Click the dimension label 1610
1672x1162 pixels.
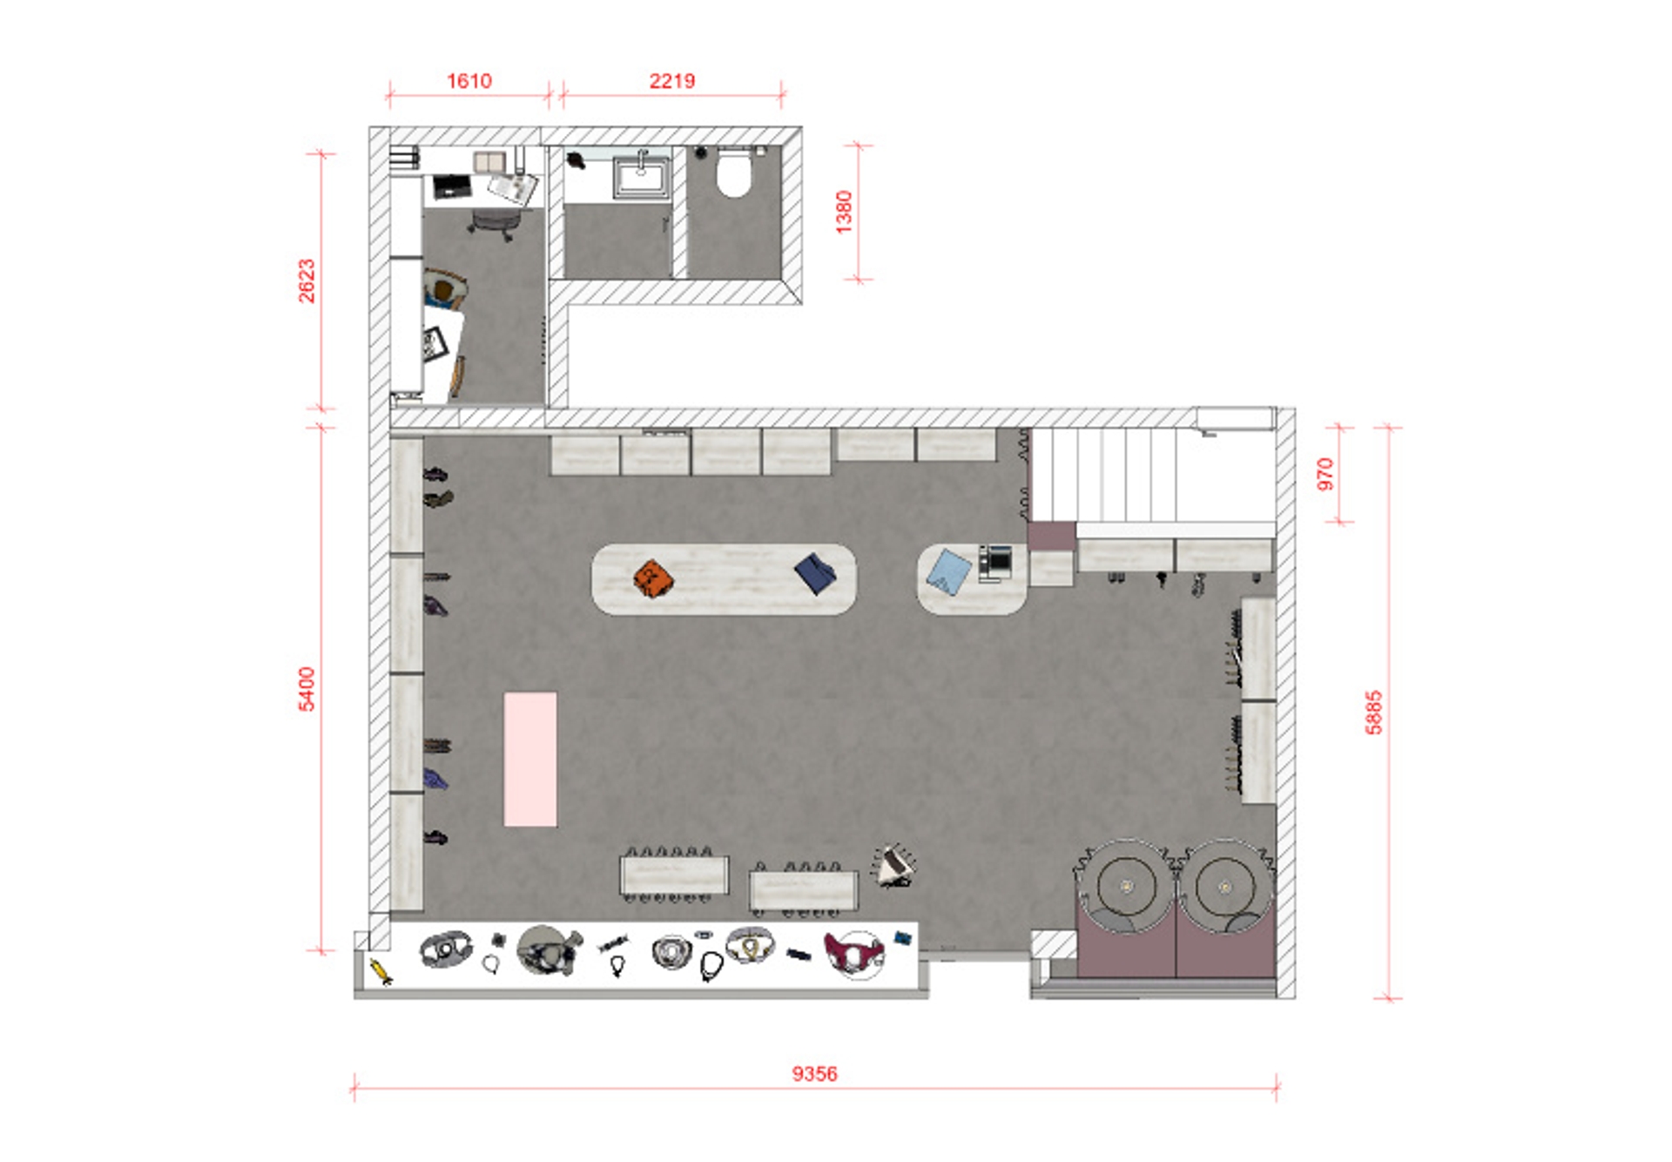click(469, 81)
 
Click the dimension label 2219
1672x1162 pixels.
click(672, 81)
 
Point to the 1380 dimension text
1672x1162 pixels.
click(844, 212)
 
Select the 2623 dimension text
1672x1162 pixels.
click(307, 280)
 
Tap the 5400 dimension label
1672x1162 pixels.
click(307, 689)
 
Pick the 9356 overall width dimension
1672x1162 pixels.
click(815, 1073)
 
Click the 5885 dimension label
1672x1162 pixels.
click(1374, 713)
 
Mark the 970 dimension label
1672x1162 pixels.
click(1325, 474)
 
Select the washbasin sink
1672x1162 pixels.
click(642, 177)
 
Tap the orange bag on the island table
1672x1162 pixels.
click(653, 579)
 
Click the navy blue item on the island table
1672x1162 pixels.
click(815, 573)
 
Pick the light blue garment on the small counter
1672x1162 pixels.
click(948, 571)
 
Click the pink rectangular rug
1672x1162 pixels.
click(530, 759)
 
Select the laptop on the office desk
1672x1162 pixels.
click(452, 186)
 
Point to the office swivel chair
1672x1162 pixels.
click(496, 225)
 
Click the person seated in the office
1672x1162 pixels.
click(444, 290)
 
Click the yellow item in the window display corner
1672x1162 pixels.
click(381, 971)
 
